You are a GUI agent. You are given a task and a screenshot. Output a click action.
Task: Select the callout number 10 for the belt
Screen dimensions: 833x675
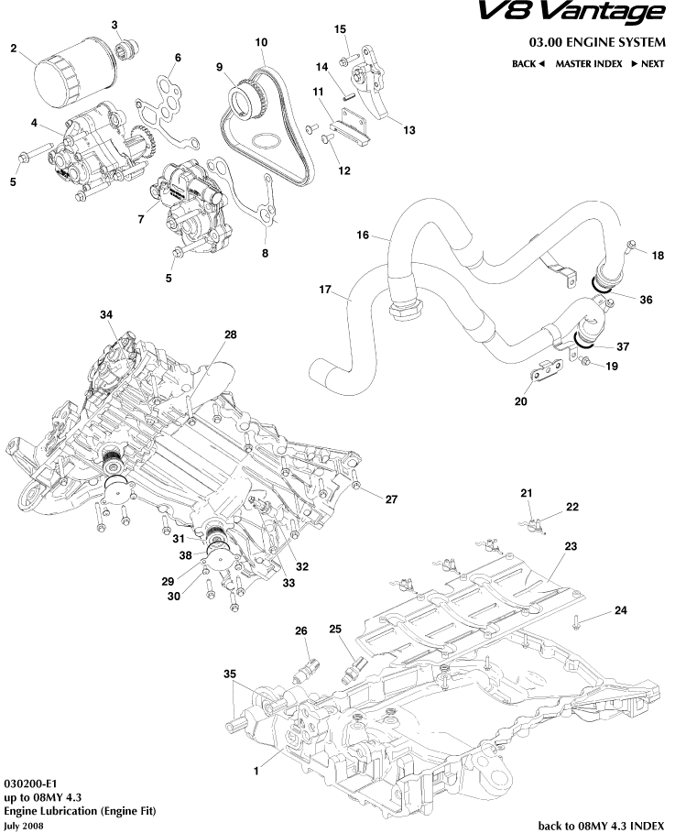(261, 43)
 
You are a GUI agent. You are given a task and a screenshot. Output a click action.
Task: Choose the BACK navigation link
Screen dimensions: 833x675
(528, 64)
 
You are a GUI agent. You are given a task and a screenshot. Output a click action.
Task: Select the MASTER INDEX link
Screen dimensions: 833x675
(588, 64)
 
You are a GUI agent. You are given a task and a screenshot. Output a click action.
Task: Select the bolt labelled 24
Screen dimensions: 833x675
(575, 623)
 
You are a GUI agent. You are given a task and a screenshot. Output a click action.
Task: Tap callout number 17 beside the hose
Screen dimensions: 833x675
(324, 290)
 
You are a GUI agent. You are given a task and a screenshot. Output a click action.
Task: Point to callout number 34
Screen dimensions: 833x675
(106, 315)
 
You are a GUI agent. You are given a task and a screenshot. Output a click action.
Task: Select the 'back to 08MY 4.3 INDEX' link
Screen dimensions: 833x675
(601, 826)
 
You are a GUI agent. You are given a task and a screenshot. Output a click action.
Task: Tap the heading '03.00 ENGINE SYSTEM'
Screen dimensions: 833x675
(597, 42)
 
